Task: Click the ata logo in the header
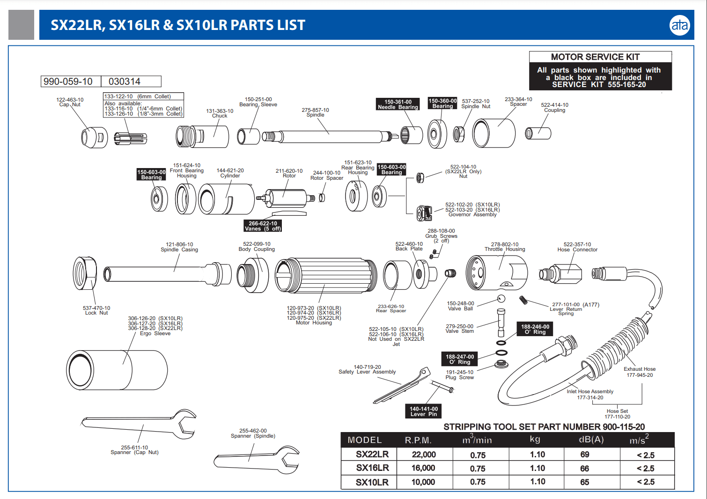pos(679,25)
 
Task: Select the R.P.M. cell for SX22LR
pos(424,455)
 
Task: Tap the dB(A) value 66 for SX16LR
pos(584,469)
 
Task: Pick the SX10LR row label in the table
pos(372,482)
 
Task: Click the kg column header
pos(535,439)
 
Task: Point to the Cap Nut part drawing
pos(94,137)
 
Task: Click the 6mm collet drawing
pos(131,138)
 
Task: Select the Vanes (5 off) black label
pos(263,226)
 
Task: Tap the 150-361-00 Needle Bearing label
pos(398,104)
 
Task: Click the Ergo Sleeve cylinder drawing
pos(117,370)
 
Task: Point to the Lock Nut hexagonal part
pos(85,273)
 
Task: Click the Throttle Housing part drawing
pos(496,273)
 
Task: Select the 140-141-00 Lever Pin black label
pos(424,411)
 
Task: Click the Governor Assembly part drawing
pos(425,213)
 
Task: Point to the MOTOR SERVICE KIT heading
pos(595,57)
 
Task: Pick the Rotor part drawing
pos(286,198)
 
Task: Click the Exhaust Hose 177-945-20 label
pos(640,372)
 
